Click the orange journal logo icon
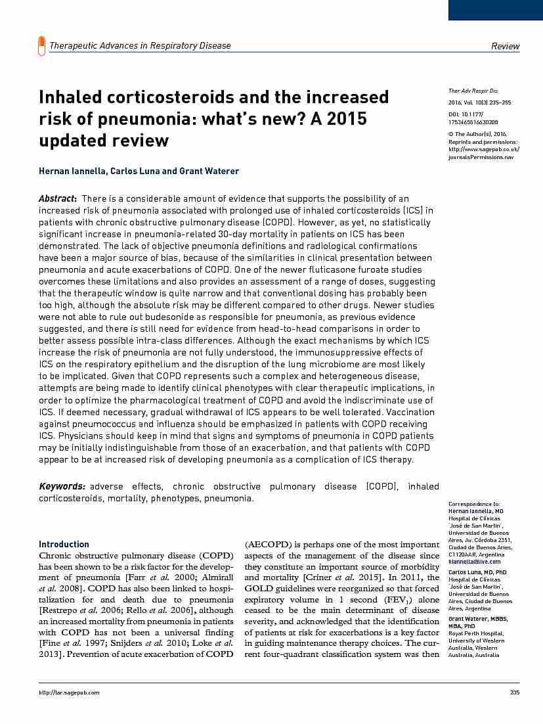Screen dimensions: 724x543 click(x=42, y=45)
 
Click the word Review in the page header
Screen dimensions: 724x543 click(x=505, y=46)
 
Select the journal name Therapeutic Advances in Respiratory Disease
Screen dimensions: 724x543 click(x=140, y=45)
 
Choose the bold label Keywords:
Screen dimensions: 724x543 click(x=62, y=487)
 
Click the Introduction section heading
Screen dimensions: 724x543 click(x=64, y=544)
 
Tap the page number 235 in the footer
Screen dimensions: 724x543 click(x=514, y=692)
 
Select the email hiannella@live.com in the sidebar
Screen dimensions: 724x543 click(x=474, y=562)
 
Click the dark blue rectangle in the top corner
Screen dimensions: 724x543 click(x=495, y=9)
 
